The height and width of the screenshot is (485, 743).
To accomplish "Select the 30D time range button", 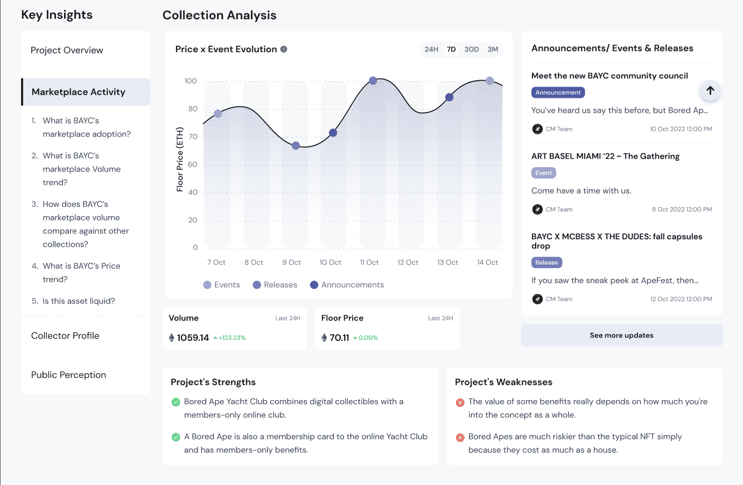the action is coord(471,49).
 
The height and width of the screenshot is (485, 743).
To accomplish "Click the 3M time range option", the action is coord(493,49).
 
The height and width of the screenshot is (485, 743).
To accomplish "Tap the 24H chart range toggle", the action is coord(431,49).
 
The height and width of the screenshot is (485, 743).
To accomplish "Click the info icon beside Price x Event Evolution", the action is coord(284,49).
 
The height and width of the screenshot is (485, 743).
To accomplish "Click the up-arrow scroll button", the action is coord(710,90).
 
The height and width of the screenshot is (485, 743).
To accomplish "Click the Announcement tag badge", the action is coord(558,92).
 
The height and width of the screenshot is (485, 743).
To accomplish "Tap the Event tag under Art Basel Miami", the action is coord(543,173).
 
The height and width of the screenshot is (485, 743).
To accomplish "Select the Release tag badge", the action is coord(546,262).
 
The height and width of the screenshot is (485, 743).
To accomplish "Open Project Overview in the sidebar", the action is coord(67,50).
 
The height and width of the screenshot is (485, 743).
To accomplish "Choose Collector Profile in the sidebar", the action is coord(65,336).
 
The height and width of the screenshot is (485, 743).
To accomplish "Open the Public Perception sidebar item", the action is coord(69,375).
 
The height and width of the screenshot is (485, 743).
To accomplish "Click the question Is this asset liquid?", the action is coord(79,301).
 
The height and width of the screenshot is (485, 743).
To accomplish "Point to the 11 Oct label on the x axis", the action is coord(369,262).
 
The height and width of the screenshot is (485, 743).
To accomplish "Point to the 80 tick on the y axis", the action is coord(193,109).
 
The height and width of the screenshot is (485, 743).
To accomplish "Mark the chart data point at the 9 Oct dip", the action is coord(296,145).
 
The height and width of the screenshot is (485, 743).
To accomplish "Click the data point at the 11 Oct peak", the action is coord(373,81).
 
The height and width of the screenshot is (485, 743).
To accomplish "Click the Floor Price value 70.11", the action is coord(339,338).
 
